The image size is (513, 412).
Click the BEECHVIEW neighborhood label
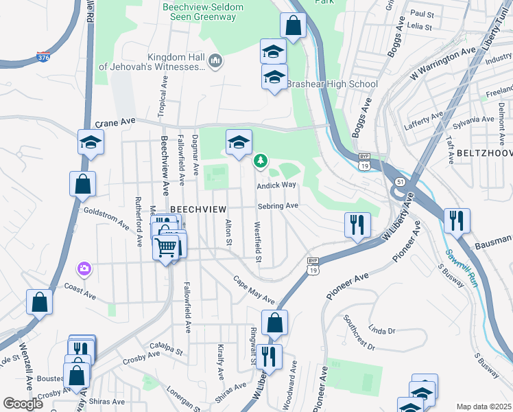coord(194,209)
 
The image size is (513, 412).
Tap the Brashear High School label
coord(332,84)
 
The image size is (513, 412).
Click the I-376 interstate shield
coord(43,55)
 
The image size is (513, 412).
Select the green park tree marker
coord(260,161)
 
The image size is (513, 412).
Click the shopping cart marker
coord(167,246)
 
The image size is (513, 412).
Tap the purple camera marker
coord(84,268)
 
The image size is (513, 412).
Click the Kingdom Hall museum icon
coord(215,62)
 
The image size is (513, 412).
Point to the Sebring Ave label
coord(278,205)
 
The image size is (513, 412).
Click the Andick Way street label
coord(276,185)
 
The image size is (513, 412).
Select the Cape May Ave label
coord(253,291)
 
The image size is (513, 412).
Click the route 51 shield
coord(398,181)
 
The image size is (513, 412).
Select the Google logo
coord(23,404)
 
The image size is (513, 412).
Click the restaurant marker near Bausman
coord(457,221)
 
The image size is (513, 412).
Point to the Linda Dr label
coord(382,330)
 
